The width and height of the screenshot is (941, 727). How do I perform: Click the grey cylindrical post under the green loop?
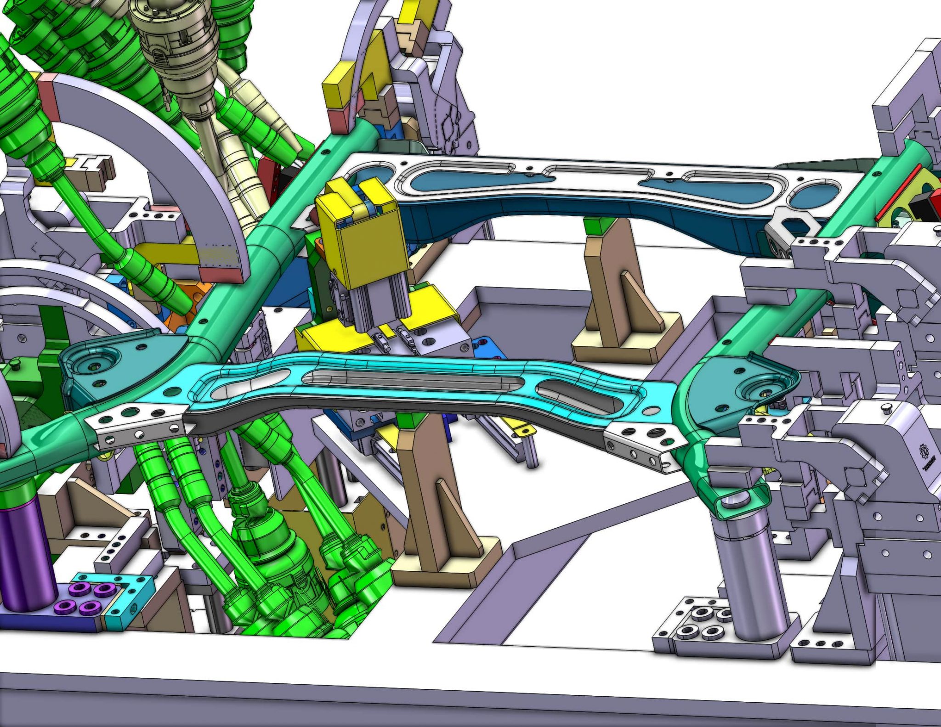pos(754,574)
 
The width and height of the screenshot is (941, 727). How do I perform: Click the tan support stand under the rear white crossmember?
pos(616,294)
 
